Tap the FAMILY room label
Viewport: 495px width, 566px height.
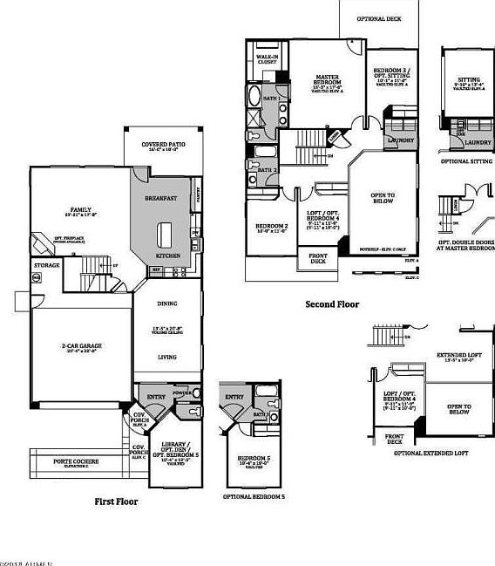pyautogui.click(x=81, y=209)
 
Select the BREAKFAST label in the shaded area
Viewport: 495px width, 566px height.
pyautogui.click(x=160, y=198)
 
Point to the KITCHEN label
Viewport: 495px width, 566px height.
pyautogui.click(x=167, y=256)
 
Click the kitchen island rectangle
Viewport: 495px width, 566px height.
pyautogui.click(x=165, y=233)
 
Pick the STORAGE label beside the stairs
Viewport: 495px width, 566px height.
pyautogui.click(x=47, y=264)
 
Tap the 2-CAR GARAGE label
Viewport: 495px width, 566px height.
pyautogui.click(x=81, y=346)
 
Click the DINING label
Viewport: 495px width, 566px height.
pyautogui.click(x=166, y=303)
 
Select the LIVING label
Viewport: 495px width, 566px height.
pyautogui.click(x=166, y=357)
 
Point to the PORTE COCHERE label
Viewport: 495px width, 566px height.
pyautogui.click(x=75, y=460)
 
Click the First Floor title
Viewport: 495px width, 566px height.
pyautogui.click(x=116, y=501)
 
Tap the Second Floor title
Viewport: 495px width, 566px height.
pyautogui.click(x=331, y=304)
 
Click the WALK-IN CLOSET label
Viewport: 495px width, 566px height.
pyautogui.click(x=267, y=60)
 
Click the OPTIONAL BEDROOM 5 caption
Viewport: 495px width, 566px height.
pyautogui.click(x=254, y=495)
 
